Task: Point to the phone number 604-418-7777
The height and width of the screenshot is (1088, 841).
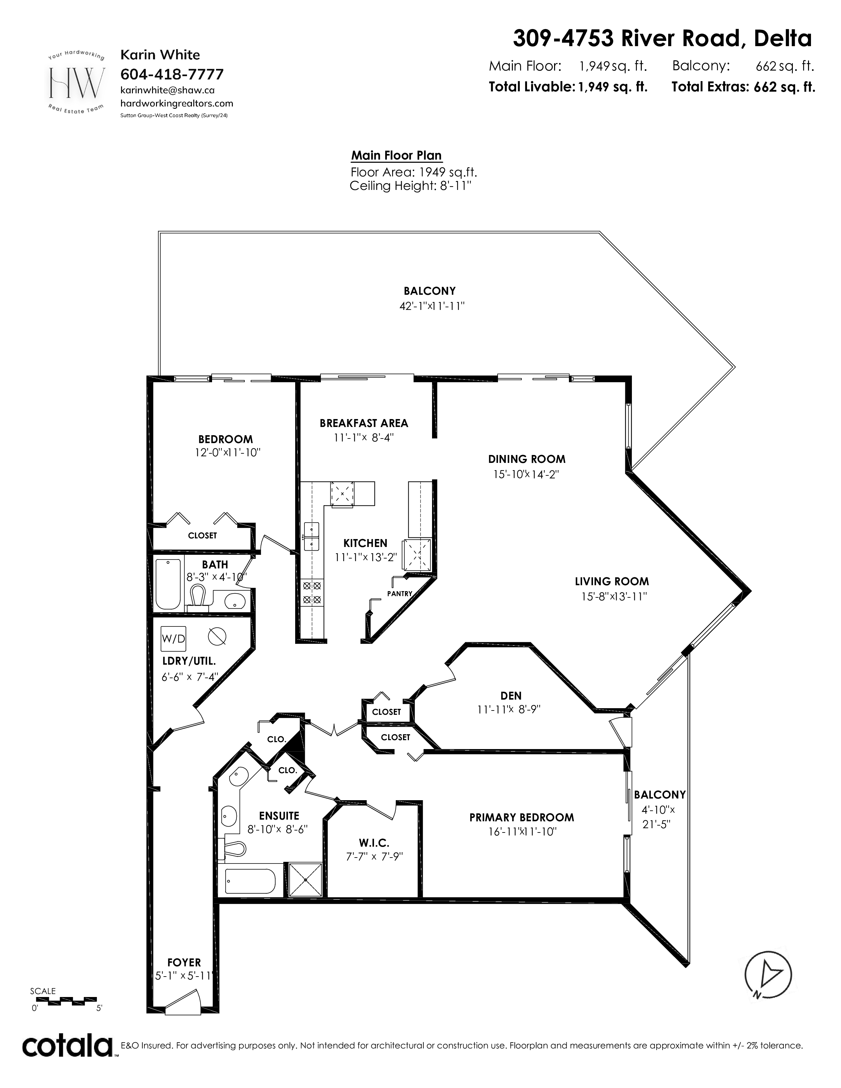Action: tap(172, 74)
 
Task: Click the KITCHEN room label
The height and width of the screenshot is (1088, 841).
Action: tap(365, 543)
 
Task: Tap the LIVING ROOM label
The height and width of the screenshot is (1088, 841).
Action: tap(612, 581)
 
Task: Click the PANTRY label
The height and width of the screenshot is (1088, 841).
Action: tap(400, 593)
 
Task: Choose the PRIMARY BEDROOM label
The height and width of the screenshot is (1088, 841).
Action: tap(522, 818)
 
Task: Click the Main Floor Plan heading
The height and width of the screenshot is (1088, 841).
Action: tap(396, 155)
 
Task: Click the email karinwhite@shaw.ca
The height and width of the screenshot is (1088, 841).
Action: tap(168, 90)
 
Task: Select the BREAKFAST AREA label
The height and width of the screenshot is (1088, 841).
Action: tap(364, 423)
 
